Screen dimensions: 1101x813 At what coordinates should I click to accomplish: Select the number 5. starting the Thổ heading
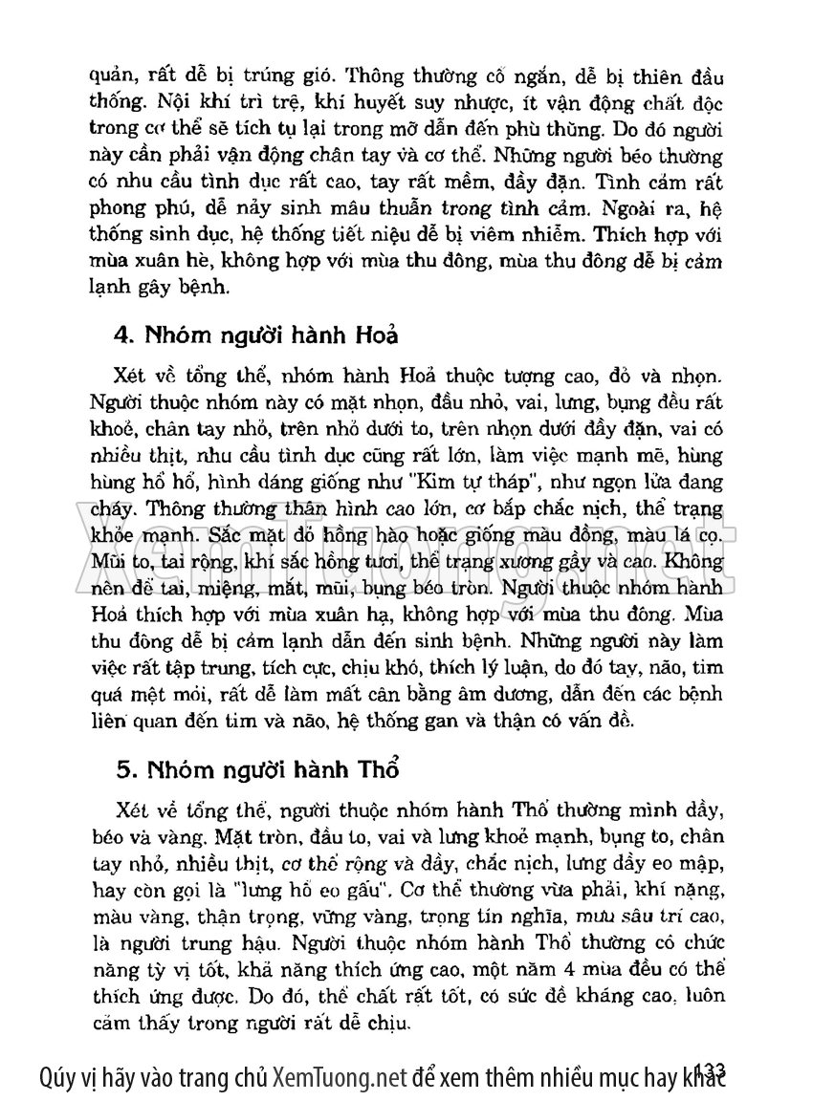(x=122, y=768)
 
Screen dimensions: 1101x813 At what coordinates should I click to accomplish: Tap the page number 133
(x=710, y=1068)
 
